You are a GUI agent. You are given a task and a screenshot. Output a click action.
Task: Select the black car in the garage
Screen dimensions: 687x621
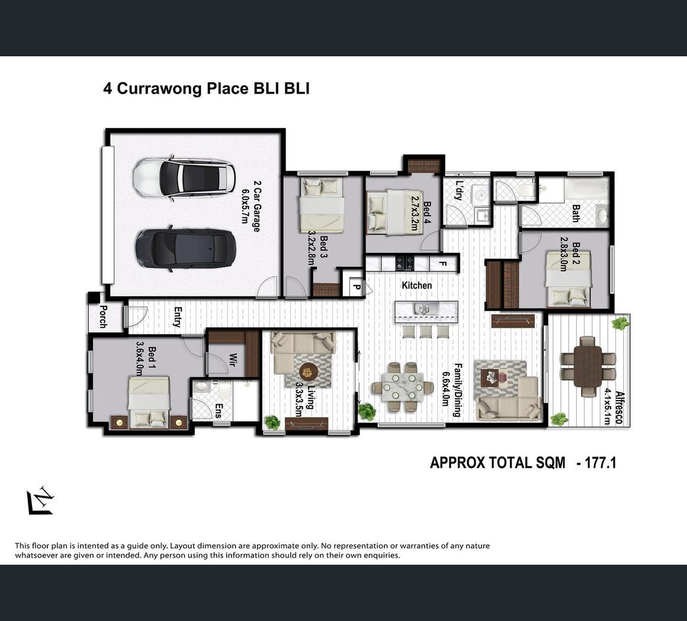(185, 249)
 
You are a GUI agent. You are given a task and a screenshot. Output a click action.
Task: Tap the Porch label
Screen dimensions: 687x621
(103, 317)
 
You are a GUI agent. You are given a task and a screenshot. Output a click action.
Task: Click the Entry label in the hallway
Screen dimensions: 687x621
(178, 317)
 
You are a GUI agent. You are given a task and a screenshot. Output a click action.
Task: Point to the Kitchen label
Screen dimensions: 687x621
(417, 285)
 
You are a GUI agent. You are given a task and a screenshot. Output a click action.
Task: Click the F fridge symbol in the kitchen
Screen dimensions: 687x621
(442, 264)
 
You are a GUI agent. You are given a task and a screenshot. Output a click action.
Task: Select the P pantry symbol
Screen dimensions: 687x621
(357, 287)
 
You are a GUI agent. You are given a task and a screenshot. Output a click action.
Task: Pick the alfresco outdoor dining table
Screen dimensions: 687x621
(588, 366)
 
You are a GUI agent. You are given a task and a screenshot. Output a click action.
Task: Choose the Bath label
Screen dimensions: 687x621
(576, 213)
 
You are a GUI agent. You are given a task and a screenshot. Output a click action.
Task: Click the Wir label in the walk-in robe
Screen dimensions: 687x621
(233, 359)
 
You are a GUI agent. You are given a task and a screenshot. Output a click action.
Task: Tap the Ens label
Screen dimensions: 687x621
(219, 411)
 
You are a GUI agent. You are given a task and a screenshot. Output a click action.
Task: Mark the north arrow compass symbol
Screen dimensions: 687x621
(40, 500)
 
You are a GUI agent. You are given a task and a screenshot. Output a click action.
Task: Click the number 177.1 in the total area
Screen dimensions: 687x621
(601, 463)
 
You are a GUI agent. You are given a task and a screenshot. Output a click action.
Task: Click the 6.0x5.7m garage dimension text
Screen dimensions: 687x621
(245, 206)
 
